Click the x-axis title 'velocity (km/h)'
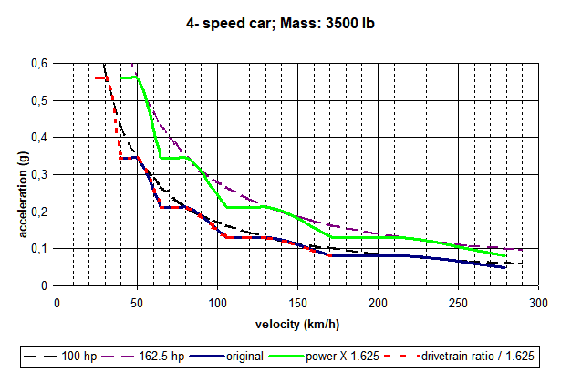coord(297,325)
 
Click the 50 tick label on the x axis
coord(137,303)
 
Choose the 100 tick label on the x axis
coord(217,303)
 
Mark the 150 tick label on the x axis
coord(297,303)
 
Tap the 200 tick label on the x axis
coord(378,303)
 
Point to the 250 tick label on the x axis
coord(458,303)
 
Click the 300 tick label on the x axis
coord(538,303)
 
